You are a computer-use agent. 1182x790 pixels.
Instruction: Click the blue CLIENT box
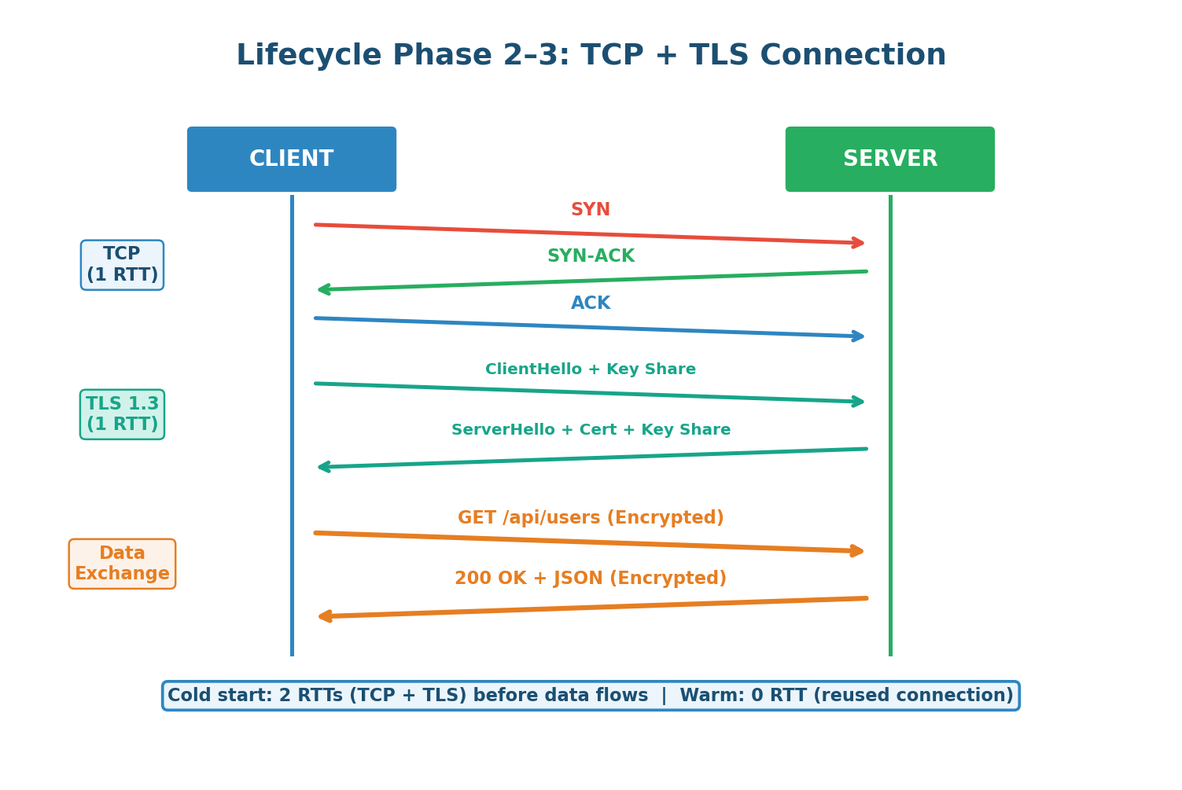(291, 159)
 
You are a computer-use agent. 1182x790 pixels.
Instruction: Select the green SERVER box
(889, 159)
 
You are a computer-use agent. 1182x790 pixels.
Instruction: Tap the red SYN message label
(591, 210)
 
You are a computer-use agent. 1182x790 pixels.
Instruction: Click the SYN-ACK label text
(591, 256)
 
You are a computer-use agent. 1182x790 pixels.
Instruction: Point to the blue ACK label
(591, 303)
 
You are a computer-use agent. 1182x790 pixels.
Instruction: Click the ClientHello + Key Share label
(591, 369)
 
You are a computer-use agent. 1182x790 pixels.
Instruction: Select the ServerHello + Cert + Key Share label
(591, 430)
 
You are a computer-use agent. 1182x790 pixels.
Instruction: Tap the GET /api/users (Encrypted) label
(591, 518)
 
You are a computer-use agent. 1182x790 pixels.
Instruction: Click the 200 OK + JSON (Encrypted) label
(591, 579)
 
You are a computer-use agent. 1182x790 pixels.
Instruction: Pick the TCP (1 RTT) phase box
(122, 265)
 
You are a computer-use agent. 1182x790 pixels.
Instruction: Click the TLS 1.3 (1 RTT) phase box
(122, 414)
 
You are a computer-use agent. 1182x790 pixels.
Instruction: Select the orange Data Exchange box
(122, 564)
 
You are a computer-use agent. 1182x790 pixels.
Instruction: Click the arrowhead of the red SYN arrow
(859, 243)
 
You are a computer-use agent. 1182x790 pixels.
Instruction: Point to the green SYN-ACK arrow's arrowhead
(323, 289)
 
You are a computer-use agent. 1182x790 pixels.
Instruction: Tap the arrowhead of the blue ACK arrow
(859, 336)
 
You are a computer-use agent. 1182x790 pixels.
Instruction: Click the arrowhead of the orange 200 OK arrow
(324, 616)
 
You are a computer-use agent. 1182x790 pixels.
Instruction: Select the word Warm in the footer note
(701, 696)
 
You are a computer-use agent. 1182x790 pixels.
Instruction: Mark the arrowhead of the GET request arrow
(858, 551)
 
